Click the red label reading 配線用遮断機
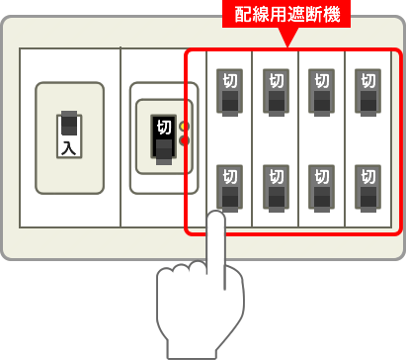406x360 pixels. pos(286,17)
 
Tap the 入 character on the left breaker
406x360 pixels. pos(68,148)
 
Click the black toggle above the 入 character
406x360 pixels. pos(68,125)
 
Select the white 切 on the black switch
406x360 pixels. pos(164,128)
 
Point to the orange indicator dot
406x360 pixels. pos(185,127)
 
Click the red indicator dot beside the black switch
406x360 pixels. pos(185,140)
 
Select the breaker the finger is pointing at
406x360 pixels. pos(228,186)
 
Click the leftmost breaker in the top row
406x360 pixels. pos(228,90)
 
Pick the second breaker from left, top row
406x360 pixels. pos(276,90)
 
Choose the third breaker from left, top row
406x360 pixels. pos(321,90)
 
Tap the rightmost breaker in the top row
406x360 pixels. pos(367,90)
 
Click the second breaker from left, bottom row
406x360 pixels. pos(276,186)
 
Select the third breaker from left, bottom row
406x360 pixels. pos(321,186)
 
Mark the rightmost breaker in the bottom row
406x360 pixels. pos(367,186)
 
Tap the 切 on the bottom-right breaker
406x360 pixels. pos(367,176)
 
